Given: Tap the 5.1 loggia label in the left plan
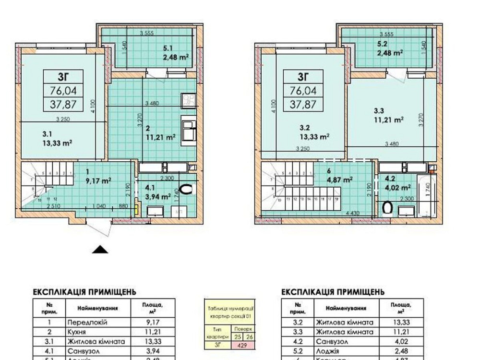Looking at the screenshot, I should tap(167, 48).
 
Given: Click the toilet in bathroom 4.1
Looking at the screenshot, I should tap(187, 189).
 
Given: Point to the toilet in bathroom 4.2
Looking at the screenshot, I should tap(387, 207).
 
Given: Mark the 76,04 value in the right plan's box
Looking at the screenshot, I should tap(303, 90).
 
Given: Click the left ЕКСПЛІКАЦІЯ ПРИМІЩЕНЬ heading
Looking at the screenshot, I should tap(84, 291).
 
